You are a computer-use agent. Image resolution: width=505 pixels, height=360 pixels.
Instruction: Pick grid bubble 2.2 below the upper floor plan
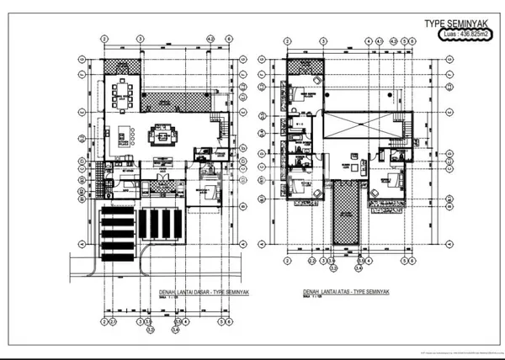pyautogui.click(x=311, y=262)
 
